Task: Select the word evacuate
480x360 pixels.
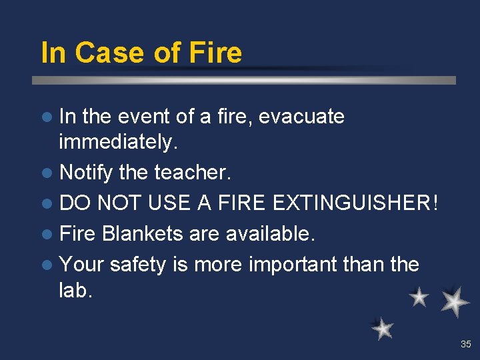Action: click(x=301, y=117)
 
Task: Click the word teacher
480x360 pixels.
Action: click(x=193, y=173)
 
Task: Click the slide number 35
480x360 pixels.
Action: click(x=465, y=345)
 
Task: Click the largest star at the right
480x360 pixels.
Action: click(x=455, y=301)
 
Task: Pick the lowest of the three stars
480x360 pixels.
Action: click(x=383, y=328)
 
